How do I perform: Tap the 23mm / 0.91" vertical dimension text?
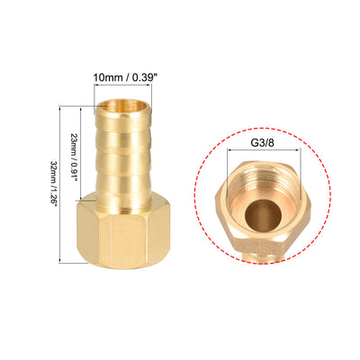coord(74,155)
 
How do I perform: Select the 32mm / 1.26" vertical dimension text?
coord(53,184)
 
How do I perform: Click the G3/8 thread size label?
coord(263,142)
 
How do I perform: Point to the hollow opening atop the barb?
coord(124,106)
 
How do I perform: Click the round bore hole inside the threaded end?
coord(263,214)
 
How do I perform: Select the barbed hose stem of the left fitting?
coord(123,155)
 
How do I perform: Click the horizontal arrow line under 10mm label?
coord(122,85)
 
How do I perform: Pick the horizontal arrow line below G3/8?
coord(264,150)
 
